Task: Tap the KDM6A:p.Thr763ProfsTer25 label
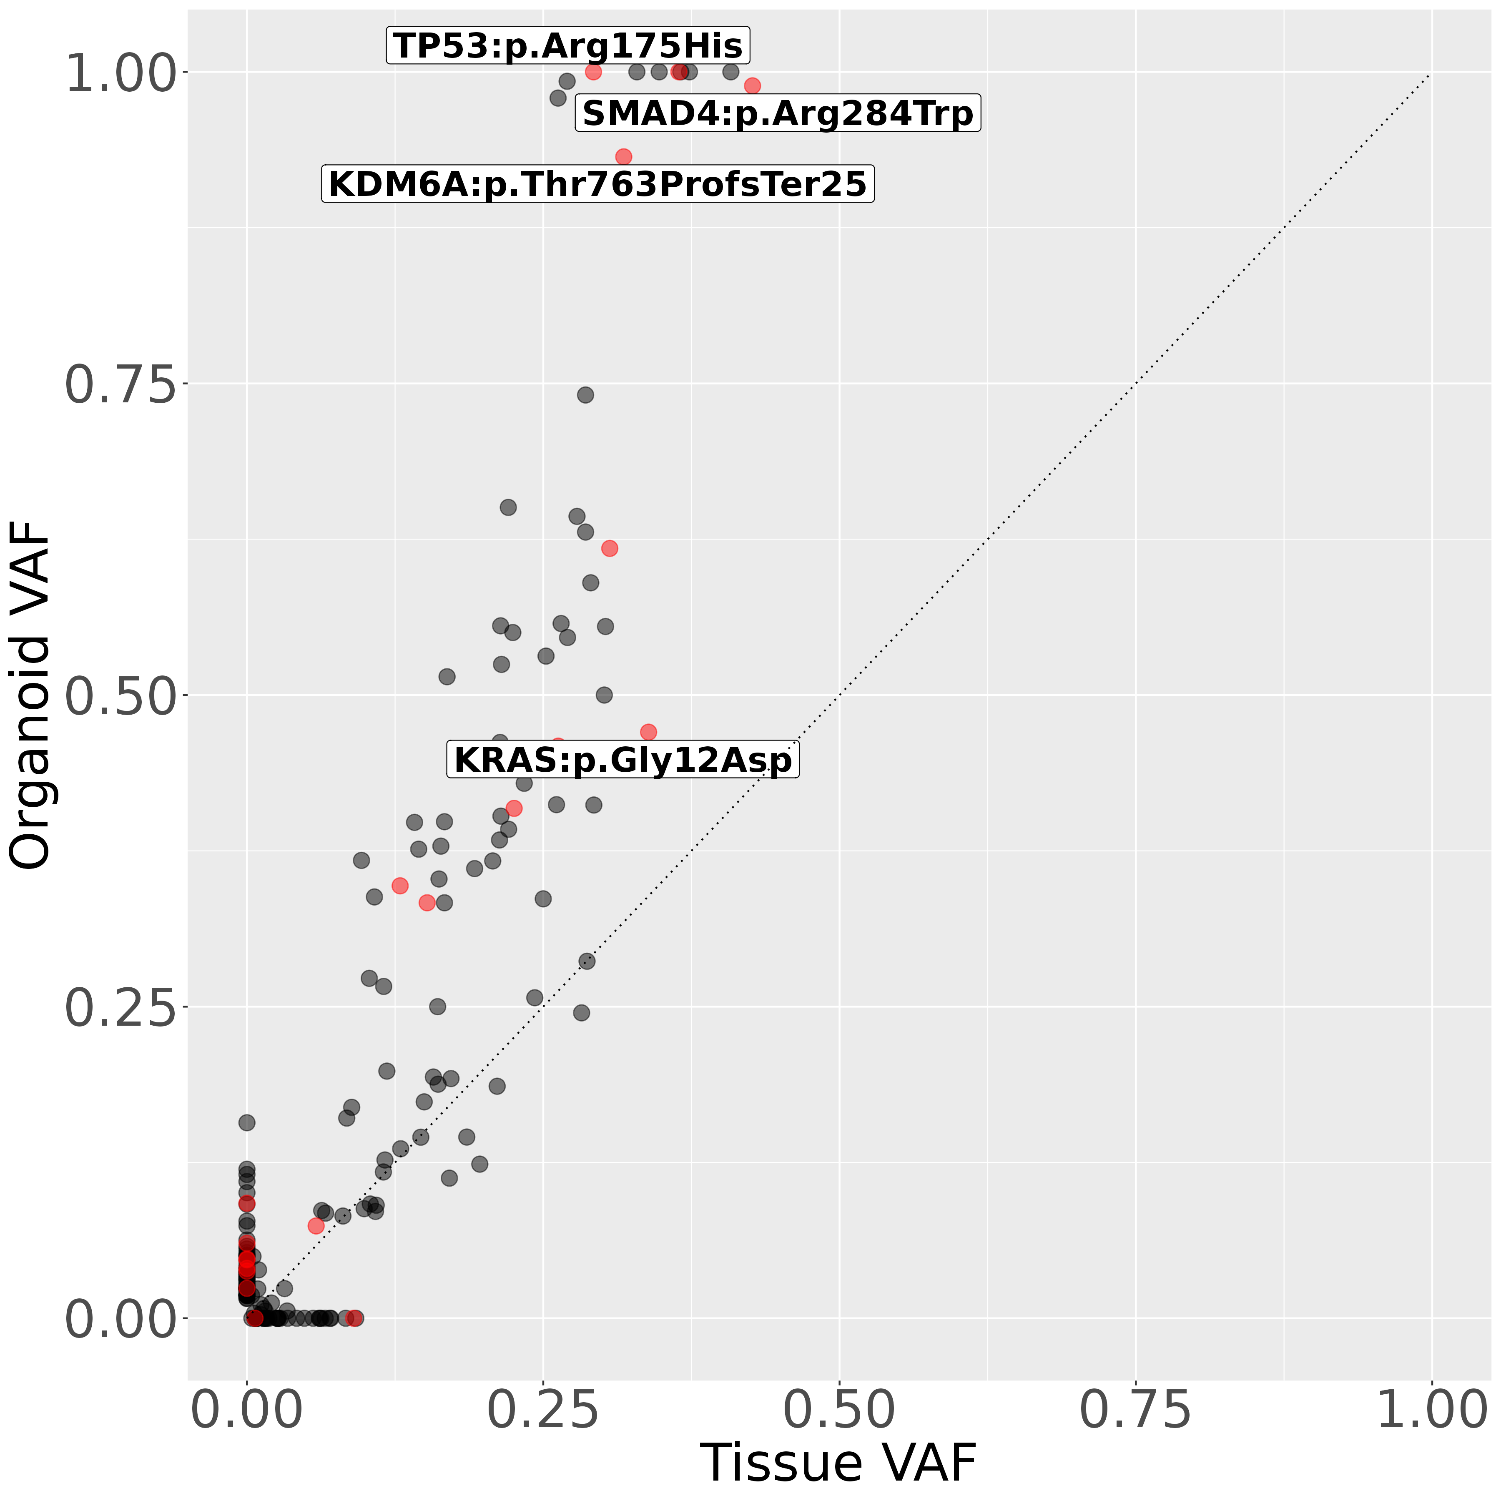pyautogui.click(x=597, y=185)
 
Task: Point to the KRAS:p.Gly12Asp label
pyautogui.click(x=622, y=760)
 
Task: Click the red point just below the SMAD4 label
pyautogui.click(x=623, y=157)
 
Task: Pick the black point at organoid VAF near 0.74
pyautogui.click(x=585, y=395)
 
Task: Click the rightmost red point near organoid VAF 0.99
pyautogui.click(x=752, y=85)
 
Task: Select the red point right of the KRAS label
pyautogui.click(x=648, y=732)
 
